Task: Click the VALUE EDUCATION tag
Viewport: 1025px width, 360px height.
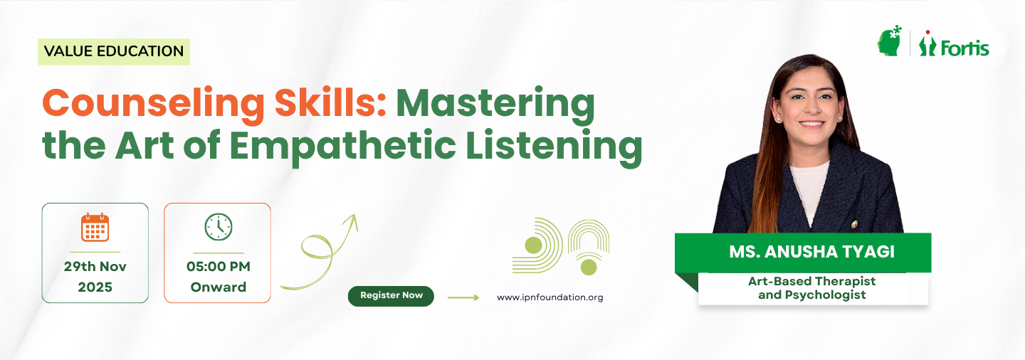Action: coord(113,51)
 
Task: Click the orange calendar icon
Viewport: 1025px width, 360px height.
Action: coord(95,228)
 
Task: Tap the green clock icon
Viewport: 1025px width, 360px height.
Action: coord(219,227)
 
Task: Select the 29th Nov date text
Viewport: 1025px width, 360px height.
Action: coord(95,266)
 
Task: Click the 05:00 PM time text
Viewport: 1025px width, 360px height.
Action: coord(219,266)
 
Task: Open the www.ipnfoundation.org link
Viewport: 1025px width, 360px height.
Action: coord(550,297)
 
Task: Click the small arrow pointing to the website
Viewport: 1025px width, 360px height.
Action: coord(463,298)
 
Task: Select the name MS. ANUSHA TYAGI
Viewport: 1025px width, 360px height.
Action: coord(811,252)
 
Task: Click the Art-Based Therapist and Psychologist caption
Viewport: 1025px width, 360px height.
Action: coord(811,287)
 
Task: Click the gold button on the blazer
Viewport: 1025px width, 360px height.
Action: coord(854,224)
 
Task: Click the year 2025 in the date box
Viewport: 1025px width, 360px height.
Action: coord(95,287)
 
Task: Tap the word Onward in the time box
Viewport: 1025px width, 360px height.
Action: coord(219,287)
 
